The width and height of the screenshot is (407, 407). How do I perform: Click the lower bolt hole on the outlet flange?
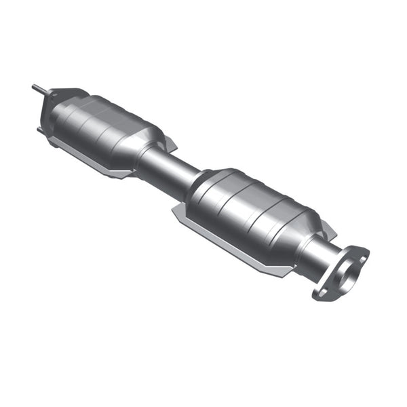321,292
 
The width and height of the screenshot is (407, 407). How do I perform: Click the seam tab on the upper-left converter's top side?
170,142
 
